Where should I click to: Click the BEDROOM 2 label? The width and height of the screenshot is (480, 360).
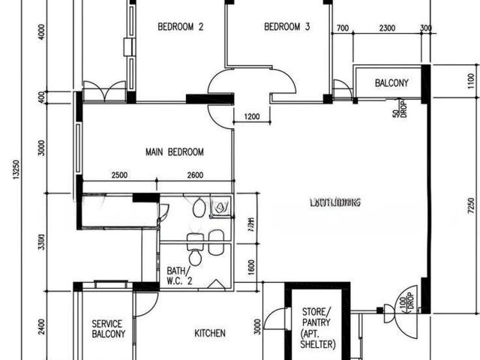181,28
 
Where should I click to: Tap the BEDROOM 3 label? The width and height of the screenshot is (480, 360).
287,28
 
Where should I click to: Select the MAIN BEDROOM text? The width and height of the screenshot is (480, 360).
174,152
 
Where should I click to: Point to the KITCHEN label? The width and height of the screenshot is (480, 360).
210,333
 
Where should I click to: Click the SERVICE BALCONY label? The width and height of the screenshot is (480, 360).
107,329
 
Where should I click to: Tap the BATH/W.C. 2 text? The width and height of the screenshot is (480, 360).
178,275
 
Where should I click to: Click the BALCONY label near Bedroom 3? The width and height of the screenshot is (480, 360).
391,83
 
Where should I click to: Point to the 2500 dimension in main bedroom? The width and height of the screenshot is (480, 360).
118,175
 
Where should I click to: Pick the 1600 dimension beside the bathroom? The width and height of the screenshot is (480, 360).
251,264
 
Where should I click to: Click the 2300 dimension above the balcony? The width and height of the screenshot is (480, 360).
388,28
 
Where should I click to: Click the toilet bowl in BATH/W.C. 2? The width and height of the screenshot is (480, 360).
195,258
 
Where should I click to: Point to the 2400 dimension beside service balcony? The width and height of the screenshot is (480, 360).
43,328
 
